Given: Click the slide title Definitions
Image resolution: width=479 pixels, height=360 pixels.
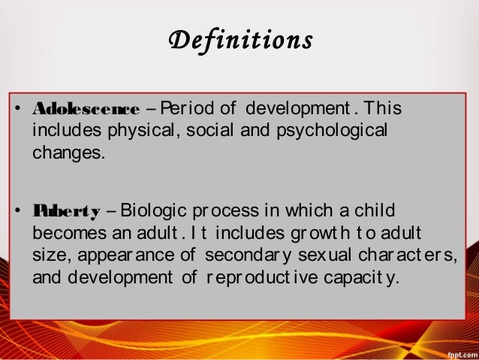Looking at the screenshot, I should point(239,39).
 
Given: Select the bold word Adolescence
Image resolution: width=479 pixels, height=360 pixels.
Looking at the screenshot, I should point(86,110).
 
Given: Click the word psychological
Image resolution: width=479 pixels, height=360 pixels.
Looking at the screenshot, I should point(328,131).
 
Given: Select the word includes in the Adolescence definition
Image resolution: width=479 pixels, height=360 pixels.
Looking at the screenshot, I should point(63,131).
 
